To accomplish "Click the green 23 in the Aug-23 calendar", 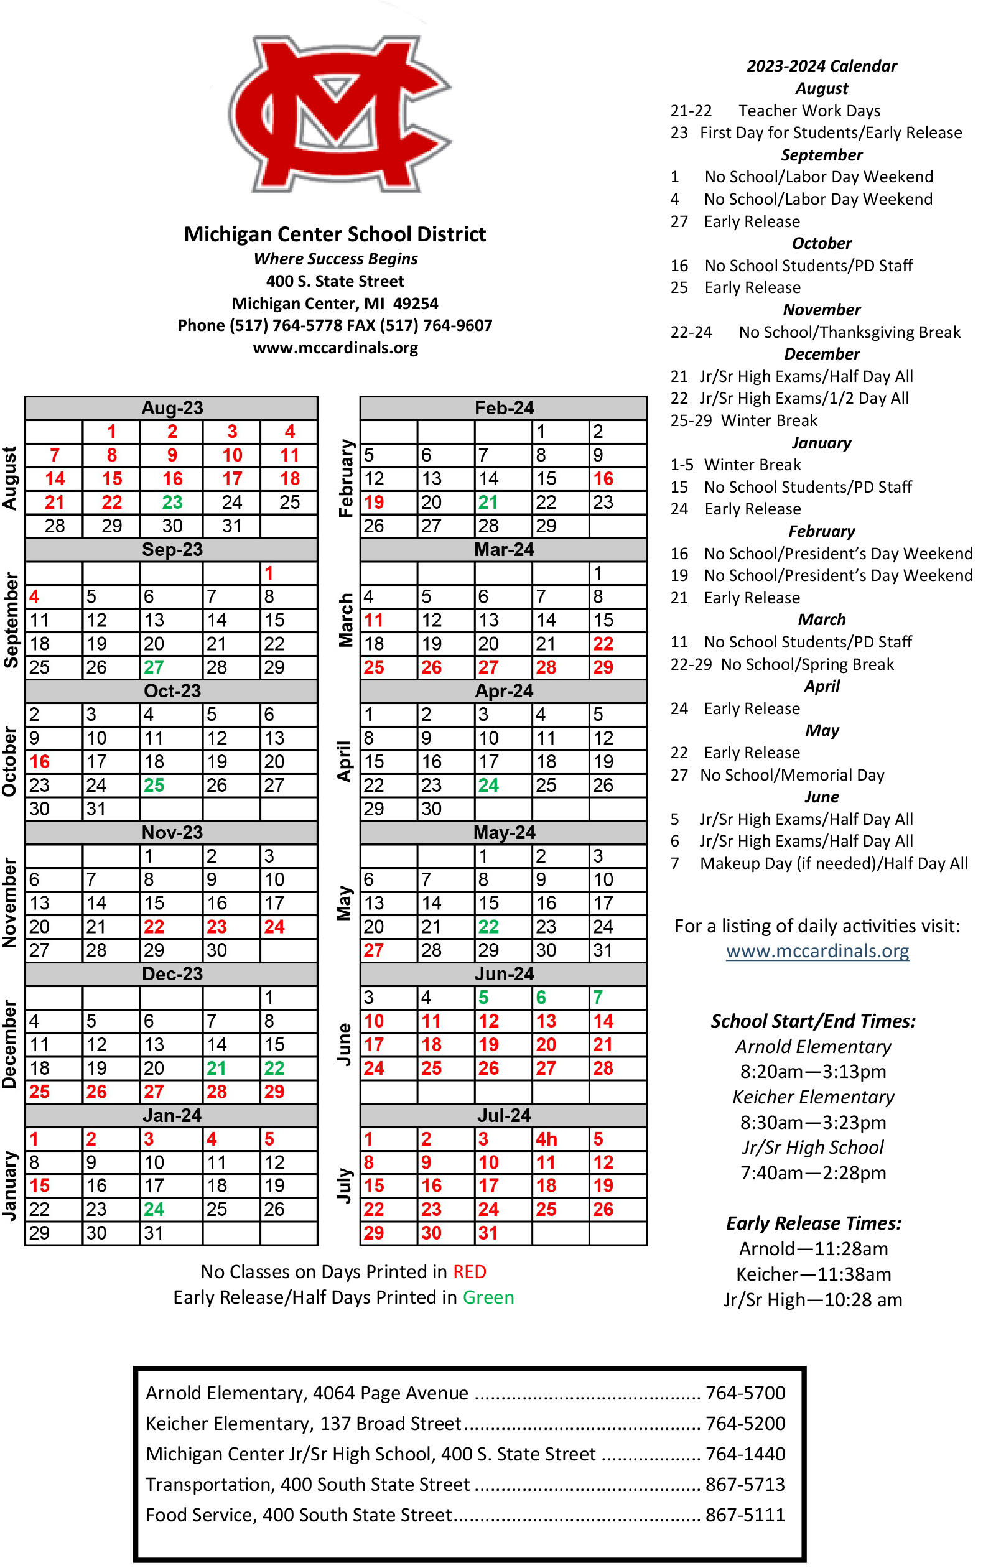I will (172, 502).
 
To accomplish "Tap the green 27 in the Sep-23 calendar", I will (154, 667).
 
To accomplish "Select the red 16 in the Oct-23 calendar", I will (39, 761).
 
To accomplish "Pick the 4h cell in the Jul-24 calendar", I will (546, 1139).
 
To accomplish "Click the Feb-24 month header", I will (503, 407).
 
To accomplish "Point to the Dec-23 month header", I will (172, 973).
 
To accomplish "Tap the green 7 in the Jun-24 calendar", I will (598, 997).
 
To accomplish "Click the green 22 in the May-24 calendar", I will (488, 927).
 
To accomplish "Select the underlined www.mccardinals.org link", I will (817, 951).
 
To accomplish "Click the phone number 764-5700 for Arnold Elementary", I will (745, 1393).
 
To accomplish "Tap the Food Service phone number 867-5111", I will (745, 1515).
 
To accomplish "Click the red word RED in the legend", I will (470, 1272).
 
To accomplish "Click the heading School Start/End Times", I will (812, 1021).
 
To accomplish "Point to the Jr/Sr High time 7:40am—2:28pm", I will (812, 1173).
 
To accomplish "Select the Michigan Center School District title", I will (335, 234).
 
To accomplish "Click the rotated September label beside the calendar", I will (11, 620).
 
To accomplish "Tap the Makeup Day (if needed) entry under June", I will (834, 863).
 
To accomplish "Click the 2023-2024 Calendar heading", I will (821, 66).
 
